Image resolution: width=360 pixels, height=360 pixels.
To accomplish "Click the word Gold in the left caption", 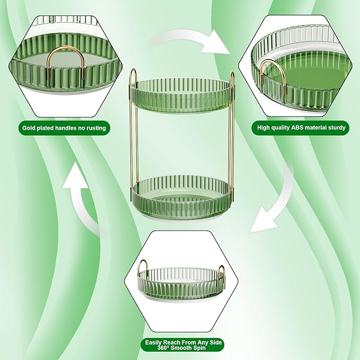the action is pyautogui.click(x=28, y=128).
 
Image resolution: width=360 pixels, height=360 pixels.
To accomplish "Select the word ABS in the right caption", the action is pyautogui.click(x=297, y=127).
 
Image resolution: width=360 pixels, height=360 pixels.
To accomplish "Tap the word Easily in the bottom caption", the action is pyautogui.click(x=153, y=343).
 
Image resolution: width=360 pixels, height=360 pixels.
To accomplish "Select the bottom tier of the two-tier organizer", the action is pyautogui.click(x=182, y=197).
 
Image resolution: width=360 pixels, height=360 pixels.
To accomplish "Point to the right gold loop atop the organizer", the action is pyautogui.click(x=232, y=74).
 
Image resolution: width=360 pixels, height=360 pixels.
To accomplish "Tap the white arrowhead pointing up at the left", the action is pyautogui.click(x=76, y=175).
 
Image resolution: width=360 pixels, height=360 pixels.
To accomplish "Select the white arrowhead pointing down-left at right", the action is pyautogui.click(x=264, y=223).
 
